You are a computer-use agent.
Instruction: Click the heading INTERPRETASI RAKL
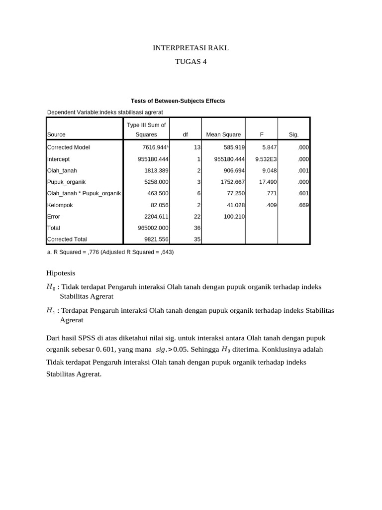[191, 48]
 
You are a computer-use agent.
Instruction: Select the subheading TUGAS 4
[191, 62]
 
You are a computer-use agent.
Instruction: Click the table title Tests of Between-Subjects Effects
[178, 101]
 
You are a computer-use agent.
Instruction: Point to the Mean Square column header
[223, 134]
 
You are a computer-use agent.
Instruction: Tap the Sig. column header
[293, 134]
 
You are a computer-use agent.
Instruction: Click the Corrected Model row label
[69, 147]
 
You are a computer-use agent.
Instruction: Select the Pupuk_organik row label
[66, 182]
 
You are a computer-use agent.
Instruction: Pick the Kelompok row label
[60, 205]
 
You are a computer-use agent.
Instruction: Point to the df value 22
[197, 216]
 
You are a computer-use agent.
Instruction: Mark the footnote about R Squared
[110, 252]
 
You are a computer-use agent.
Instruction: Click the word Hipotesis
[61, 274]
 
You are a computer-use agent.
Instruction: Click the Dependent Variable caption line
[105, 112]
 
